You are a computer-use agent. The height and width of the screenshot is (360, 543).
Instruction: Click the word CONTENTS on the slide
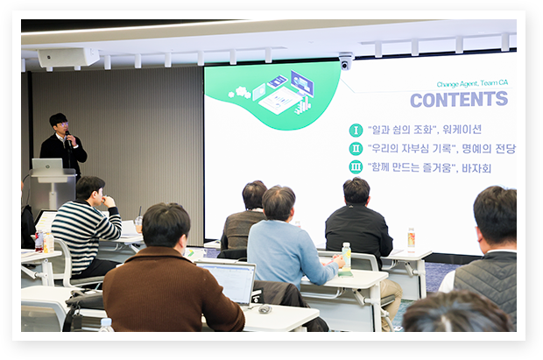click(459, 100)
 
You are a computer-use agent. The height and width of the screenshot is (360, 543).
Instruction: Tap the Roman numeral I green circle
click(356, 131)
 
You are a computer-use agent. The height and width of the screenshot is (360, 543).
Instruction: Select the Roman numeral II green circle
click(356, 149)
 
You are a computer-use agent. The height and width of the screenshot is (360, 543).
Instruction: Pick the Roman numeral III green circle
click(356, 167)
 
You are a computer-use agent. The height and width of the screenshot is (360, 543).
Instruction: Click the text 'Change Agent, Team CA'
click(472, 83)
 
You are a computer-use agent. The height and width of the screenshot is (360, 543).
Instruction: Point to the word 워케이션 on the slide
click(462, 130)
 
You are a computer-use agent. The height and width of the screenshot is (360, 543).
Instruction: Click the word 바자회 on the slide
click(476, 168)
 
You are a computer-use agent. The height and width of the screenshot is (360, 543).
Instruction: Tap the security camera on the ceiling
click(345, 61)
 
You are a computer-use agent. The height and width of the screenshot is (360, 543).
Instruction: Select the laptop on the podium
click(47, 165)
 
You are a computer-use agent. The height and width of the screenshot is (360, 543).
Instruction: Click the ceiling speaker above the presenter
click(68, 57)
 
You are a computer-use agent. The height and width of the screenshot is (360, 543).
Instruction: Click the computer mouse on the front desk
click(264, 308)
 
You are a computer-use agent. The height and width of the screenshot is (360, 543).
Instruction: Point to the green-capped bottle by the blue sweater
click(346, 258)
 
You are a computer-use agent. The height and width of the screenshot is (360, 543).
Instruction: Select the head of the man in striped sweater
click(90, 190)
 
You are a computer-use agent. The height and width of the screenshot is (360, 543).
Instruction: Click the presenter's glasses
click(62, 124)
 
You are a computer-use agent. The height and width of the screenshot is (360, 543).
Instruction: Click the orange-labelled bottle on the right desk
click(411, 238)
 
